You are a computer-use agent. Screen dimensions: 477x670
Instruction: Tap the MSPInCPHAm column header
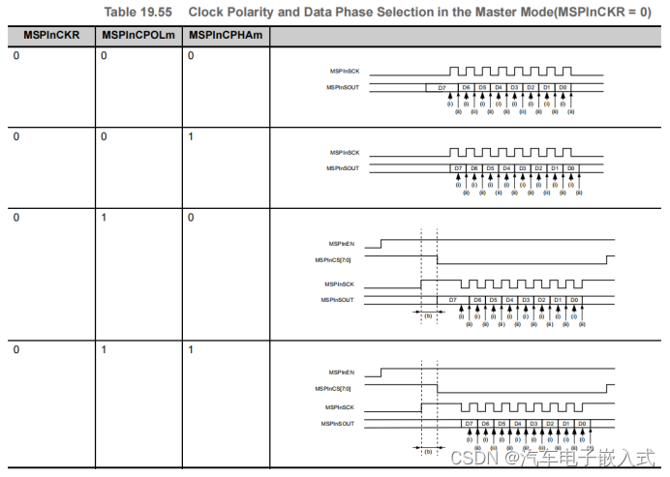[225, 35]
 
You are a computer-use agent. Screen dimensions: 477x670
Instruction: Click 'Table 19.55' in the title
[137, 11]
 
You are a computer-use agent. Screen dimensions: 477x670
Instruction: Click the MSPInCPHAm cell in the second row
[191, 136]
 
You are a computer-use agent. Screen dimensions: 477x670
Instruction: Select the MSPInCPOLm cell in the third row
[104, 218]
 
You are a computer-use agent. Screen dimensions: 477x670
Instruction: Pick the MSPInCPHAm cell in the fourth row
[191, 348]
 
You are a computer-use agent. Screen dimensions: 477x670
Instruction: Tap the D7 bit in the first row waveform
[442, 88]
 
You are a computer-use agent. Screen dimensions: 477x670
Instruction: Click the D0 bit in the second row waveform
[570, 168]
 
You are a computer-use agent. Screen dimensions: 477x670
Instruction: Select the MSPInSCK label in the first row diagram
[344, 72]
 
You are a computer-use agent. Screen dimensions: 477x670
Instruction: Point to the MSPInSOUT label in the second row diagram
[342, 168]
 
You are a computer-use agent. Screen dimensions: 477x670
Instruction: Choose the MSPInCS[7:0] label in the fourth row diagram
[334, 388]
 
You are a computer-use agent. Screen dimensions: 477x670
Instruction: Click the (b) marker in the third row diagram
[429, 316]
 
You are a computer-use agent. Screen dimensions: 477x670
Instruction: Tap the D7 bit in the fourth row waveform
[470, 424]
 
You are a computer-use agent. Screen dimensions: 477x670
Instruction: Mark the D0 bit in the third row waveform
[574, 300]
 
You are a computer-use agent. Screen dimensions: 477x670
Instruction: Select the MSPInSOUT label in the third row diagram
[337, 300]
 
